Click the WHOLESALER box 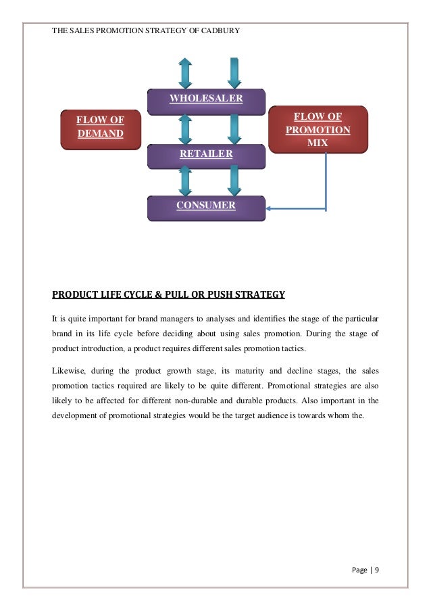click(206, 99)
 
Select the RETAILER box click(206, 155)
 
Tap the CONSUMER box click(206, 206)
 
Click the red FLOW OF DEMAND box click(100, 127)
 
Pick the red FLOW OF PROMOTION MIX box click(318, 130)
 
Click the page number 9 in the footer click(376, 570)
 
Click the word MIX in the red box click(318, 143)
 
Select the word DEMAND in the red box click(100, 133)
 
